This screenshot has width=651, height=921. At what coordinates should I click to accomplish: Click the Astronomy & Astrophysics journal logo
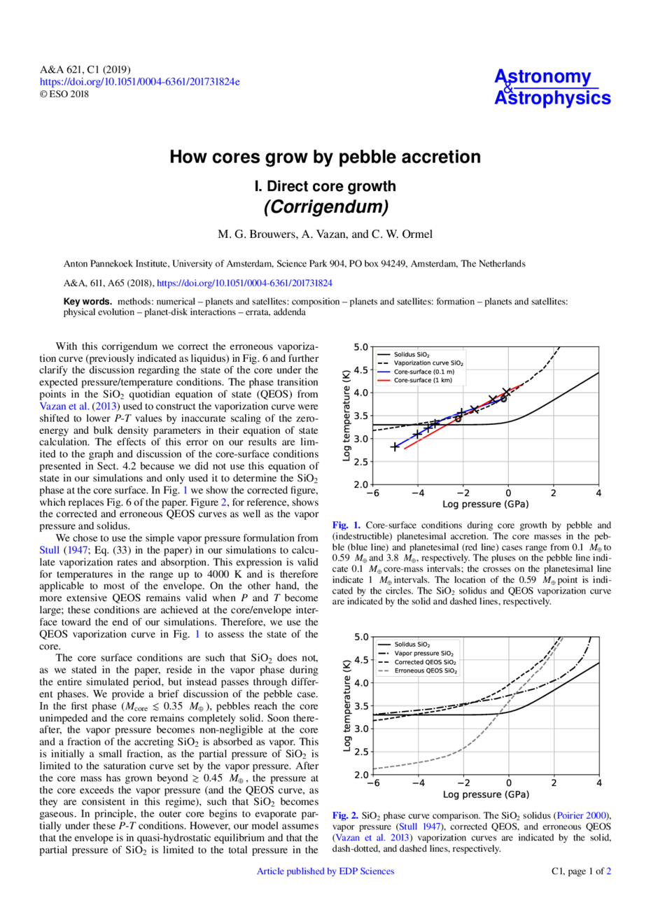[552, 87]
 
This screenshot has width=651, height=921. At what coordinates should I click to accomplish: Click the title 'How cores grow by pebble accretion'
[325, 157]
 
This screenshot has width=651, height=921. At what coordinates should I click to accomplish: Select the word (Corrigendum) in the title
[325, 207]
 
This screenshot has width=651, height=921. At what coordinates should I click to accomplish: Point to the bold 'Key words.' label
[87, 302]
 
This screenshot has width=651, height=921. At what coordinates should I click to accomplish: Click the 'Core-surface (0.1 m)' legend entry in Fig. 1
[423, 372]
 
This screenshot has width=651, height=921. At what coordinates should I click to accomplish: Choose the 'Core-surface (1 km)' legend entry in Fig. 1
[422, 381]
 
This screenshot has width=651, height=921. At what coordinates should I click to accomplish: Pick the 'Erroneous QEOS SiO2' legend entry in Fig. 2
[426, 671]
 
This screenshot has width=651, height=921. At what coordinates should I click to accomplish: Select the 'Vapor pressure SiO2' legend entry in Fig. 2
[423, 653]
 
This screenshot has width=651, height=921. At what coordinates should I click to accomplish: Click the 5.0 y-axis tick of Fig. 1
[360, 347]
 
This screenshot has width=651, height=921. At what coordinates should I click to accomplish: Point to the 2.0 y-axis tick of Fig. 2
[360, 775]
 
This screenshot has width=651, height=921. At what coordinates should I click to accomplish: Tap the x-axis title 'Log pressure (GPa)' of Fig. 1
[485, 504]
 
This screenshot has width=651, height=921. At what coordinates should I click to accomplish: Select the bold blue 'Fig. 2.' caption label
[346, 815]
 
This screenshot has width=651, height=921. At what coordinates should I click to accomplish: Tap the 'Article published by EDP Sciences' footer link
[325, 871]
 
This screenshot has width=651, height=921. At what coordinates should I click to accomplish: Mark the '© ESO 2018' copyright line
[64, 94]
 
